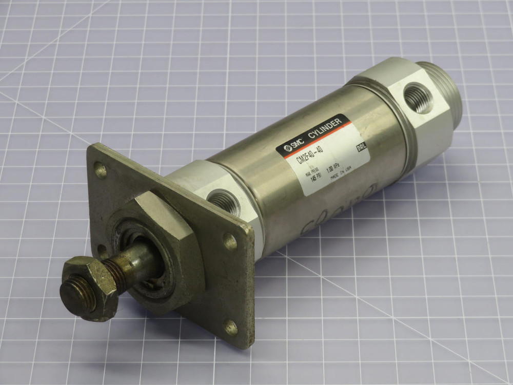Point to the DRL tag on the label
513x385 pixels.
[x=363, y=148]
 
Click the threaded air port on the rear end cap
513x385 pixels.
[x=418, y=98]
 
